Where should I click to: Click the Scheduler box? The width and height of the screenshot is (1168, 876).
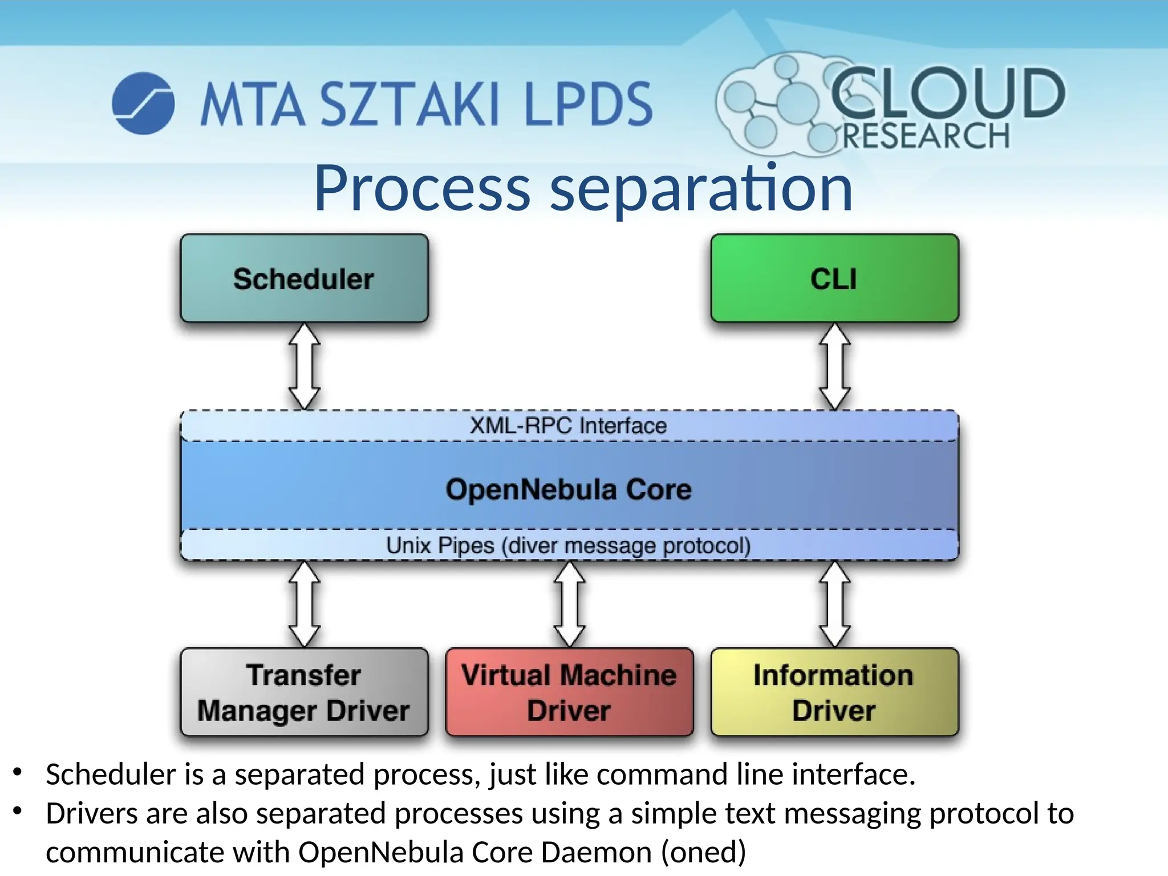[x=304, y=278]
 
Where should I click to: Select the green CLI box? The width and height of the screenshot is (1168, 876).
[x=834, y=278]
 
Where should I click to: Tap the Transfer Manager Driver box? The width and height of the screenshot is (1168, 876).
[x=304, y=692]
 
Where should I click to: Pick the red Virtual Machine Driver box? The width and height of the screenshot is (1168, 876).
[x=569, y=692]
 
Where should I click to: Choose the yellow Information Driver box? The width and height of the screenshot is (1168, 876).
[x=834, y=692]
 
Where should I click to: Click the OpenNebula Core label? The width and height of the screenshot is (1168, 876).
[x=569, y=489]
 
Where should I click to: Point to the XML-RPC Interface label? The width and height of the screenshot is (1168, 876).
[x=569, y=425]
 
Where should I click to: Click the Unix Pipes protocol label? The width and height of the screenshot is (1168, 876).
[x=569, y=545]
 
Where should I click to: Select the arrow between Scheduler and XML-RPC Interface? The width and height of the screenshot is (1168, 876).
[x=304, y=366]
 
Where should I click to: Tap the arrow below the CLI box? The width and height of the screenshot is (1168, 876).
[x=834, y=366]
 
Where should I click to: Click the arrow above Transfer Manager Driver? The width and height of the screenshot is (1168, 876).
[x=304, y=604]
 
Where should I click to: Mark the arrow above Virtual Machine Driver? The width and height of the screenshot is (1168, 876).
[x=569, y=604]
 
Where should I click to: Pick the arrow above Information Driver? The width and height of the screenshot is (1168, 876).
[x=834, y=604]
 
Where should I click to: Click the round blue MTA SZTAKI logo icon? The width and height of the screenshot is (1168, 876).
[x=143, y=103]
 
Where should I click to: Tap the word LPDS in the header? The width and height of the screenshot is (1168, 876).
[x=587, y=104]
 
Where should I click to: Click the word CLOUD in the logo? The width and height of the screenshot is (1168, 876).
[x=947, y=93]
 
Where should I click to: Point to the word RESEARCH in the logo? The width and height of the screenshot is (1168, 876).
[x=926, y=136]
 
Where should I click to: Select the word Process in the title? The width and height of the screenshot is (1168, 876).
[x=422, y=188]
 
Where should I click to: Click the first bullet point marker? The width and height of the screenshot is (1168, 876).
[x=18, y=772]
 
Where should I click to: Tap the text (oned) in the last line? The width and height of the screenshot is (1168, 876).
[x=703, y=852]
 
